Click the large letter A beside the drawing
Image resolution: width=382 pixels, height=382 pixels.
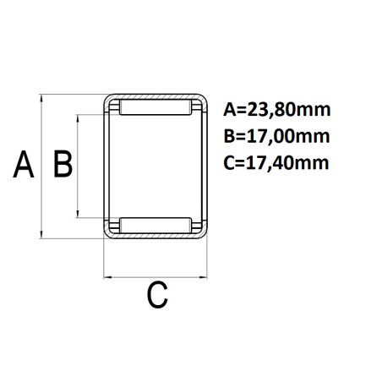24,164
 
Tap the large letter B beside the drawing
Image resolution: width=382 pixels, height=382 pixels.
63,164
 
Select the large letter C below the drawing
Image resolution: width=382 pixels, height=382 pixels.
157,295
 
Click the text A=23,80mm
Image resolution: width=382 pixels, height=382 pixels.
276,110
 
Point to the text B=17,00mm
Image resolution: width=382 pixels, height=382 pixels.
276,136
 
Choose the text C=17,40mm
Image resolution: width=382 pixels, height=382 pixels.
276,163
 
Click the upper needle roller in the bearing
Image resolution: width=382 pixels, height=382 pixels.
156,107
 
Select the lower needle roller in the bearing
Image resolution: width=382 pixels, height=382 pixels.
156,226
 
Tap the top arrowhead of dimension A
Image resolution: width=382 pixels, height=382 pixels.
41,98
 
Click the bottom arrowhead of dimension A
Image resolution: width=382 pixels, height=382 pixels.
41,235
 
